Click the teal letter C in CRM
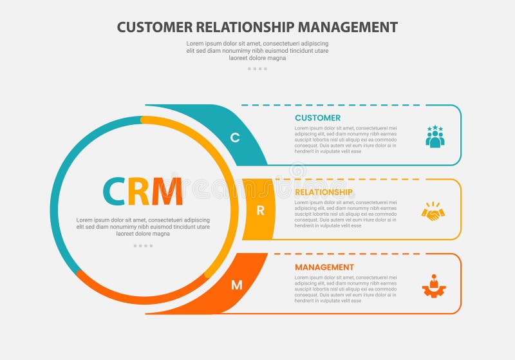(114, 191)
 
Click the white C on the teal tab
(235, 137)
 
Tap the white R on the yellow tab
(260, 210)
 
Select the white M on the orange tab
(236, 285)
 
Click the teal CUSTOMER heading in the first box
(317, 118)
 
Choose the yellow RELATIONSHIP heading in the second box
(323, 192)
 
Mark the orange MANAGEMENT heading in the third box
(324, 267)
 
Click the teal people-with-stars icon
(435, 137)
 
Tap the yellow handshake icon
(433, 211)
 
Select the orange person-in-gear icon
(434, 285)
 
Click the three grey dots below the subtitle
(257, 68)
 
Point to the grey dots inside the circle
(143, 245)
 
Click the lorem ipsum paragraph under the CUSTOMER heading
(346, 140)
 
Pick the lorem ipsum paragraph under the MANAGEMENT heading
(346, 289)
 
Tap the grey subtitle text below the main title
(257, 50)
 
